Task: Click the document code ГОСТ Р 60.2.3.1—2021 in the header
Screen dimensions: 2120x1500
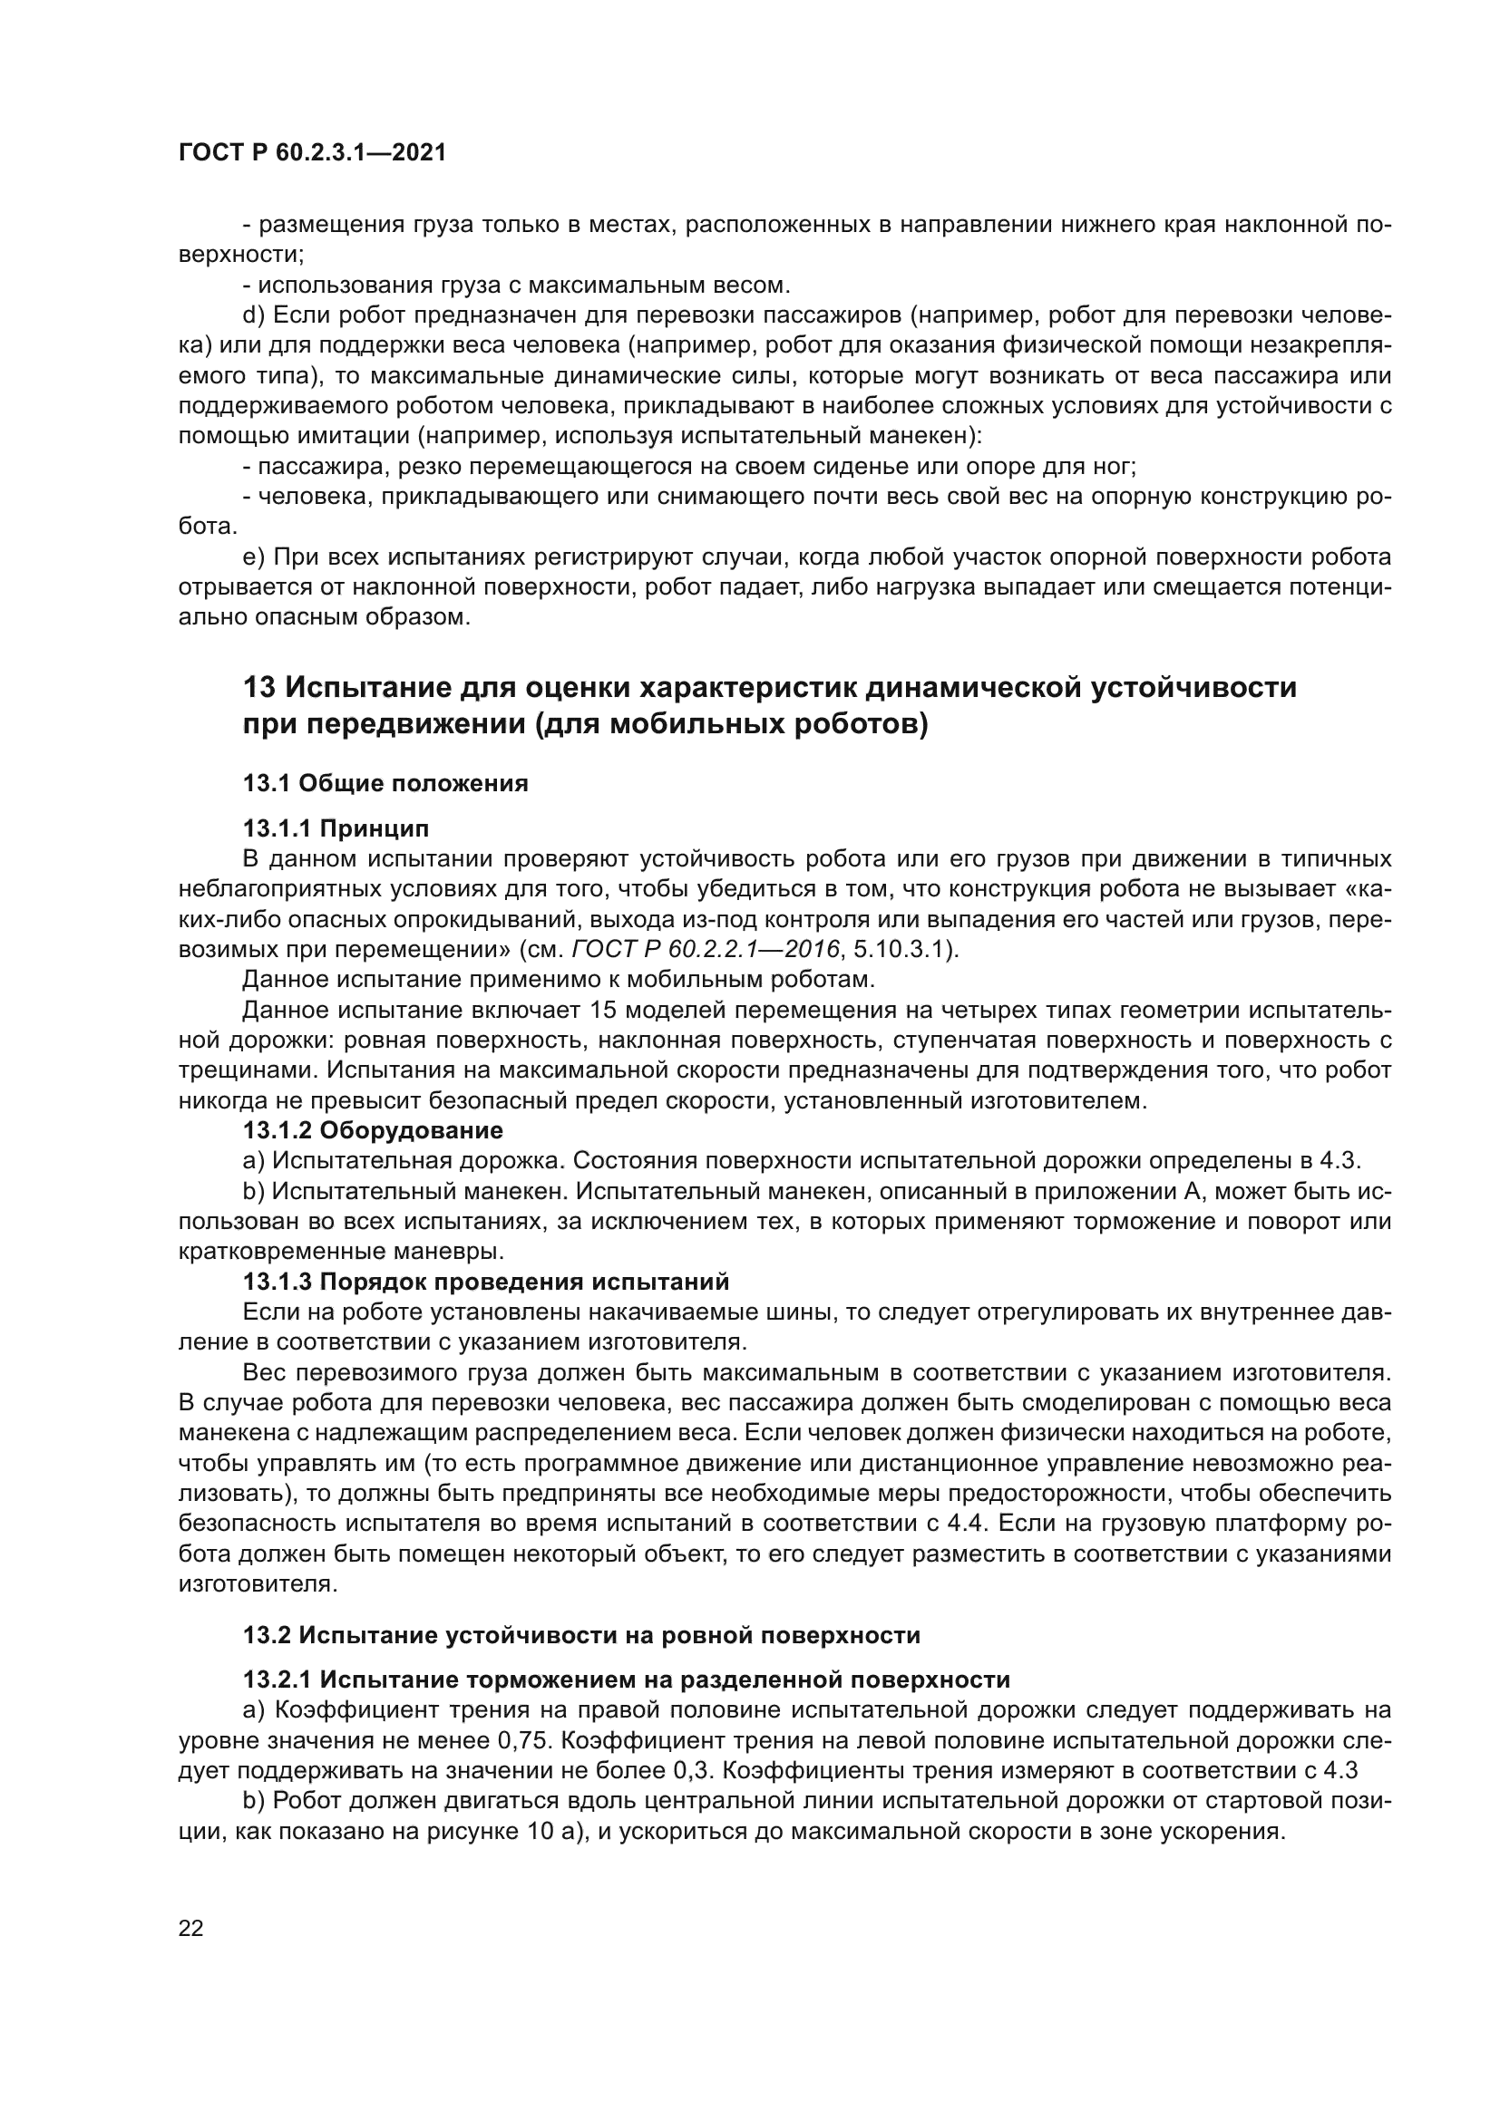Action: [312, 153]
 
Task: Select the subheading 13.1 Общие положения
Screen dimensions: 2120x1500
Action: [385, 784]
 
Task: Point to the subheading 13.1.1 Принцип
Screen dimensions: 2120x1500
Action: [336, 828]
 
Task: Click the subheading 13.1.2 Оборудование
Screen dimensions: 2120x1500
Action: [372, 1130]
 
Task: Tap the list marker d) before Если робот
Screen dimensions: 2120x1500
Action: [254, 315]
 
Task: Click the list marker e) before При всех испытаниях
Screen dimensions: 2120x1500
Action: [254, 557]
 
